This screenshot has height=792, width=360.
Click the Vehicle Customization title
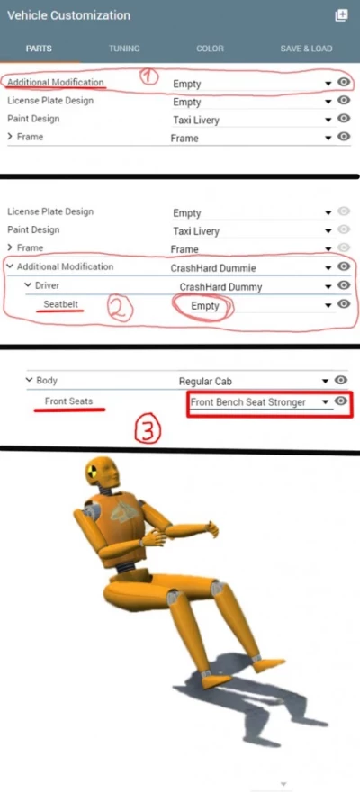coord(68,15)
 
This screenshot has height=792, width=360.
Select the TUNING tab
coord(124,48)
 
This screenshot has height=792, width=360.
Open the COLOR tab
coord(210,48)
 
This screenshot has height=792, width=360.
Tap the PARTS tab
coord(39,48)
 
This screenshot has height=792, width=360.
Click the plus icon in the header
coord(341,15)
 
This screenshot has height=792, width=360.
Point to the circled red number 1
coord(149,76)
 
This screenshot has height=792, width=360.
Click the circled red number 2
coord(121,309)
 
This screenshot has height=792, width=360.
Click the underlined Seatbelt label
coord(62,304)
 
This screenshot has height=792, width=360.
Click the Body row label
coord(47,381)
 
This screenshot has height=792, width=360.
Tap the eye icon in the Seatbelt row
coord(343,304)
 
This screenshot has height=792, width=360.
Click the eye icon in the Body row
coord(341,381)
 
